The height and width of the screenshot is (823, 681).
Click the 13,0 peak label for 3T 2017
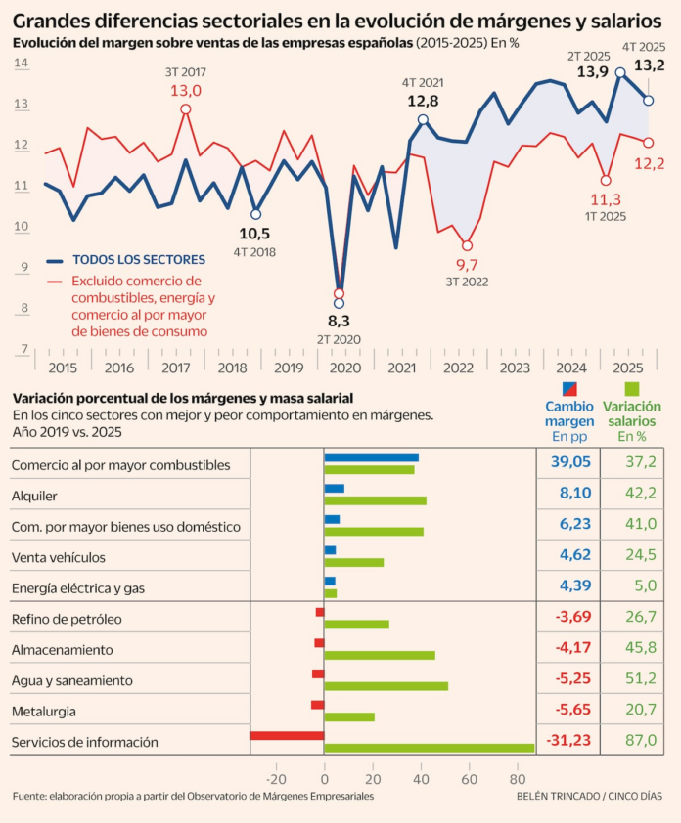(x=186, y=90)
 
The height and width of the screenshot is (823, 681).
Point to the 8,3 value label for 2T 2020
(x=340, y=321)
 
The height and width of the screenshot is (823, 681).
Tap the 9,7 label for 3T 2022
(x=467, y=265)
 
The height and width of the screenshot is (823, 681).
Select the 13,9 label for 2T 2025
(x=593, y=71)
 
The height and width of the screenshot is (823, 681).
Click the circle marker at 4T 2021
(x=423, y=119)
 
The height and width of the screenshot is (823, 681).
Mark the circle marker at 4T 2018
(x=256, y=214)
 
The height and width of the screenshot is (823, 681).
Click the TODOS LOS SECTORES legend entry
(x=138, y=260)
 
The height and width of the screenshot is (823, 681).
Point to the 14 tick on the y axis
(x=21, y=63)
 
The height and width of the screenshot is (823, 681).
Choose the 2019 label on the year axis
(x=288, y=368)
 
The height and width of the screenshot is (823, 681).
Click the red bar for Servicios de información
(x=287, y=736)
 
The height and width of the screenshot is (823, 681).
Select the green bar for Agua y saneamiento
(x=386, y=686)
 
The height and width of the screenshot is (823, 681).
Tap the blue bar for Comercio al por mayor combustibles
(x=371, y=457)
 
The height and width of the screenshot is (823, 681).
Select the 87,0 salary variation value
(x=641, y=741)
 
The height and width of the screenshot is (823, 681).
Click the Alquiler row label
(x=34, y=496)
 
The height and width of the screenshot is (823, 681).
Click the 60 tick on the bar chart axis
(x=468, y=779)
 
